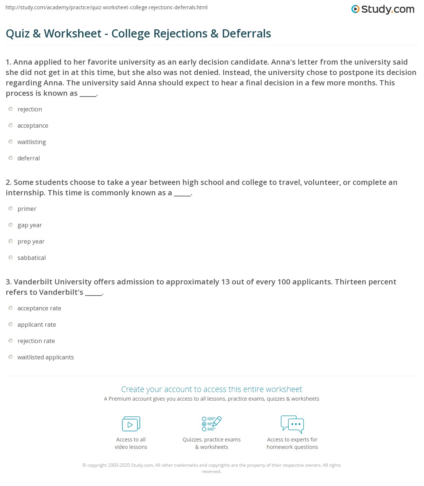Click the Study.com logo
pyautogui.click(x=383, y=9)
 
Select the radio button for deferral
pyautogui.click(x=11, y=158)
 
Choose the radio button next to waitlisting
pyautogui.click(x=11, y=142)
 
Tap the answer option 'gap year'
pyautogui.click(x=30, y=225)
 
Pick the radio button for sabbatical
pyautogui.click(x=11, y=258)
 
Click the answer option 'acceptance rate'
pyautogui.click(x=39, y=308)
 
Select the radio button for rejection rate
pyautogui.click(x=11, y=341)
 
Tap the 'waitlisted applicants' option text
pyautogui.click(x=45, y=357)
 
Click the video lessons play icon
pyautogui.click(x=131, y=424)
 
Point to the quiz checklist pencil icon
pyautogui.click(x=212, y=424)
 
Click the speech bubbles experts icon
pyautogui.click(x=292, y=424)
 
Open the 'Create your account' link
pyautogui.click(x=211, y=389)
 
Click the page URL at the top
pyautogui.click(x=106, y=7)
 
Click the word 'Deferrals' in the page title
pyautogui.click(x=246, y=33)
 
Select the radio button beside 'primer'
pyautogui.click(x=11, y=209)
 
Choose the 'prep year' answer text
pyautogui.click(x=31, y=241)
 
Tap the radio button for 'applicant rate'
pyautogui.click(x=11, y=324)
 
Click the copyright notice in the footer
pyautogui.click(x=211, y=468)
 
